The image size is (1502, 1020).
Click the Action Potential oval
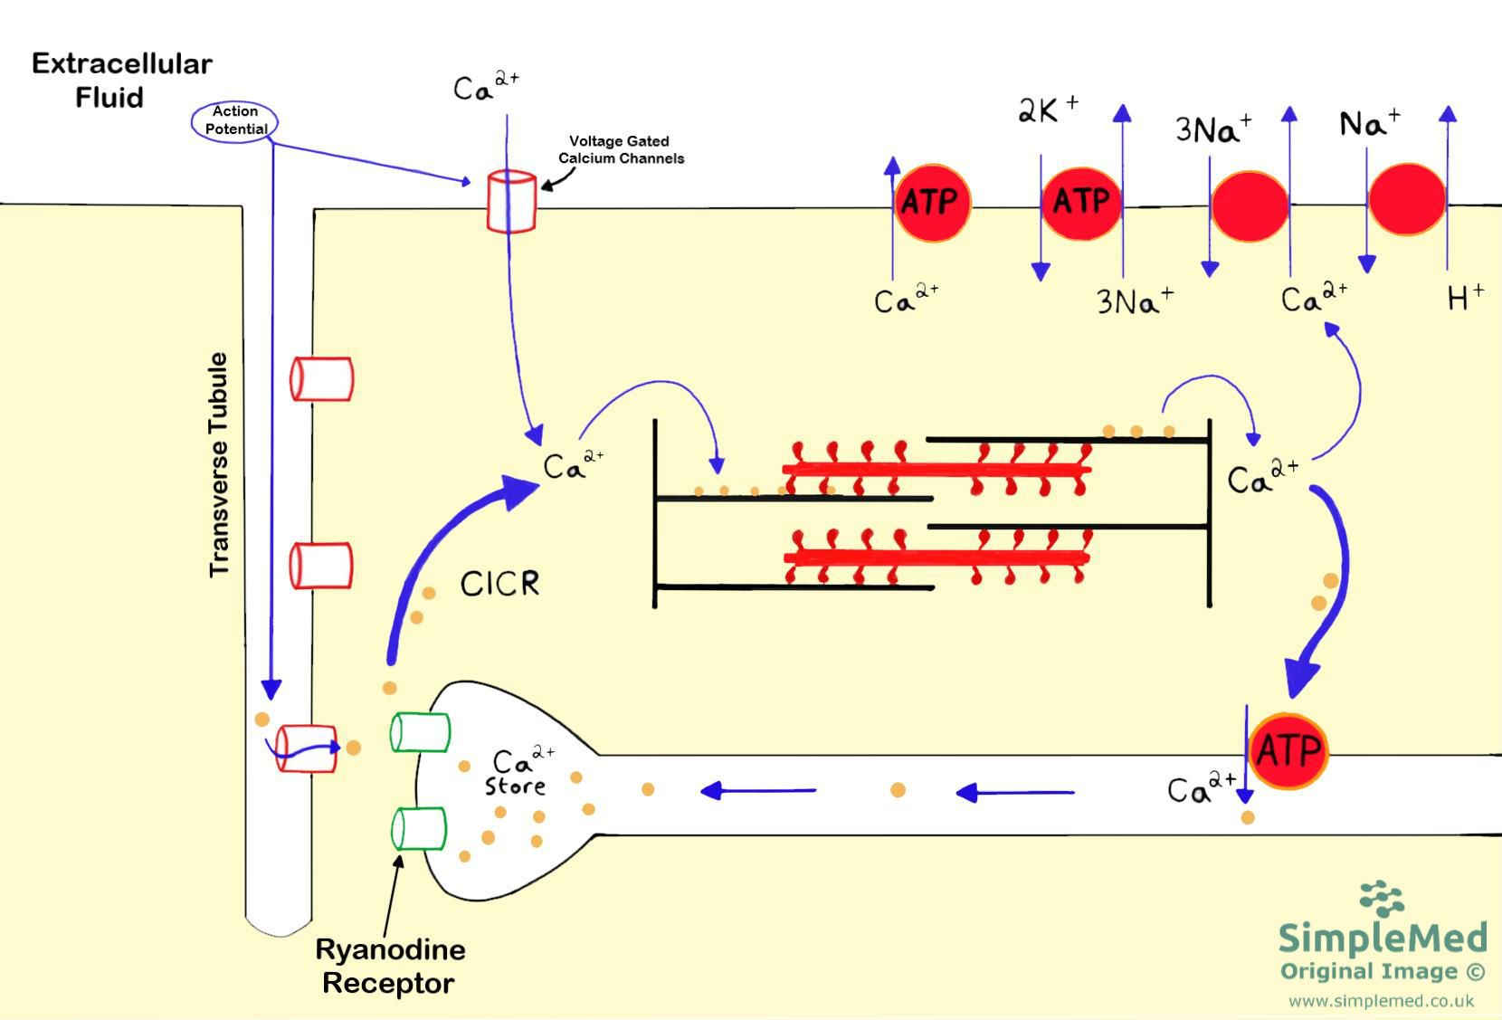[x=234, y=120]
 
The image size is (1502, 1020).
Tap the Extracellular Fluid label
[x=121, y=80]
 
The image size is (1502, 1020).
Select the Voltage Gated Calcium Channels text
[x=621, y=149]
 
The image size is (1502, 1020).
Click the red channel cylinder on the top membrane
[x=511, y=202]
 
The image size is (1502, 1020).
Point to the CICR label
[x=499, y=584]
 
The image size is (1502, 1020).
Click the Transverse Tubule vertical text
[x=219, y=464]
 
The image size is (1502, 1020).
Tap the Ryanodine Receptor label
[x=389, y=966]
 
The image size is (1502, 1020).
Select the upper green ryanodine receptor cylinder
[x=420, y=732]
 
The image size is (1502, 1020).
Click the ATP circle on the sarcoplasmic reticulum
[x=1288, y=750]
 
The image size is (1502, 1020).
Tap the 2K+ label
[x=1048, y=110]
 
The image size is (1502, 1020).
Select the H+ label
[x=1465, y=296]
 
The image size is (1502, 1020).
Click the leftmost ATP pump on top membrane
[x=932, y=202]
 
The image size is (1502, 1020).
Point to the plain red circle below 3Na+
[x=1250, y=206]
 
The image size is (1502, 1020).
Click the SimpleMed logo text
[x=1382, y=937]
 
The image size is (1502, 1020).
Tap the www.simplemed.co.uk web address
[x=1381, y=1001]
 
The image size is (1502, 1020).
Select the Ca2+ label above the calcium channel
[x=486, y=87]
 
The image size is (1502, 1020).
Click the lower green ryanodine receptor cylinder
[x=419, y=828]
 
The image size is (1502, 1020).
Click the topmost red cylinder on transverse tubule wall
[x=321, y=378]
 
